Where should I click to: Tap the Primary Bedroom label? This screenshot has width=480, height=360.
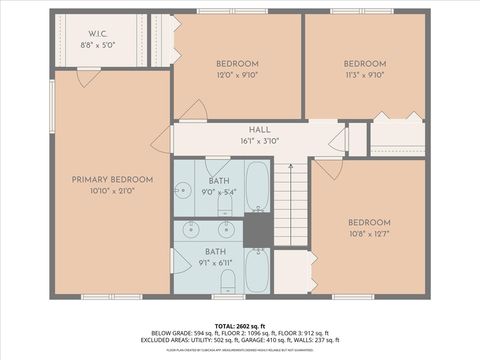(x=112, y=179)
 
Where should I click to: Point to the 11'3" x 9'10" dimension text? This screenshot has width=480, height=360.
(x=364, y=73)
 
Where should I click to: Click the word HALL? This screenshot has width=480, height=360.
(x=259, y=130)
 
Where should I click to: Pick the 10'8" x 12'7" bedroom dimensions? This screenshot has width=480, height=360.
(x=370, y=234)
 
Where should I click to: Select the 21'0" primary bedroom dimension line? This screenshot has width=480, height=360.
(x=112, y=190)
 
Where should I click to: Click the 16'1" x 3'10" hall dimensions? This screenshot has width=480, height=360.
(x=259, y=141)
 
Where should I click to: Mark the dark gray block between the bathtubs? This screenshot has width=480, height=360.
(x=257, y=231)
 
